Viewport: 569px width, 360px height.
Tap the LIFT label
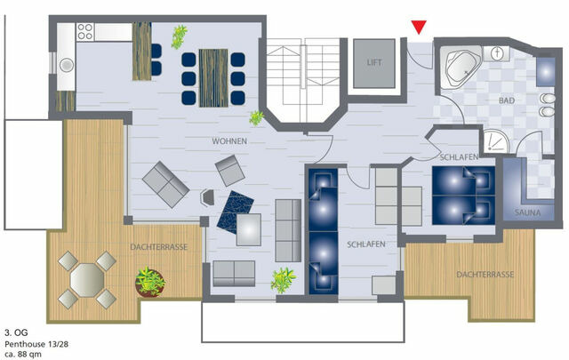coord(373,62)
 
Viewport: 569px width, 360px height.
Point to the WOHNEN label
coord(229,142)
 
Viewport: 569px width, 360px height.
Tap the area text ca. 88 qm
coord(24,351)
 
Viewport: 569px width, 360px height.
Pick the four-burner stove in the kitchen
coord(85,33)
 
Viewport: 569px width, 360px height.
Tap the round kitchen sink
coord(66,64)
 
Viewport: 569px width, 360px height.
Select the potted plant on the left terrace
coord(150,284)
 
